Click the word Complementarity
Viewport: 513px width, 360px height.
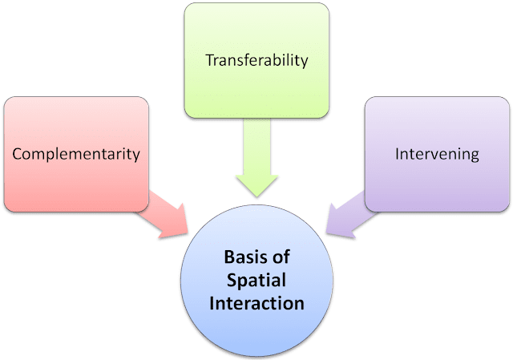[76, 152]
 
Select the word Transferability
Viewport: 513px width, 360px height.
[256, 60]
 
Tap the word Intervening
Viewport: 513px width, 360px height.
[437, 152]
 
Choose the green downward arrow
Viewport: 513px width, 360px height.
[256, 168]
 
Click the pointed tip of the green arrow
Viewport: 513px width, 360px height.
[256, 195]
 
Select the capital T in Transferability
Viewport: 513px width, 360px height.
[209, 60]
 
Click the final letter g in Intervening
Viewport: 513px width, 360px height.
[475, 155]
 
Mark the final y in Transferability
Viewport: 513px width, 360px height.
[305, 63]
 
